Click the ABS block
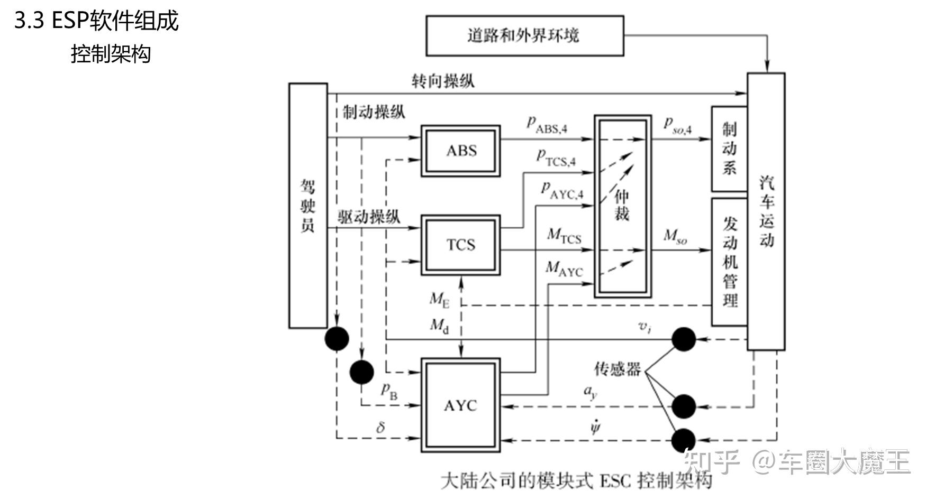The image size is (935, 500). point(460,151)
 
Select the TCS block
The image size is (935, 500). point(460,245)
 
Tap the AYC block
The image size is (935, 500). point(460,405)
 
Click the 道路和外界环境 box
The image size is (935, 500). point(524,35)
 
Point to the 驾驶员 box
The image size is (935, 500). point(307,206)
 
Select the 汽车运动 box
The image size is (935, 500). point(766,211)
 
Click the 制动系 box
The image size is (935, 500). point(729,149)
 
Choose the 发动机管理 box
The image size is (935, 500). point(729,262)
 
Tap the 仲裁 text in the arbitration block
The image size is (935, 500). point(622,205)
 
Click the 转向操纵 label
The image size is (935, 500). point(443,81)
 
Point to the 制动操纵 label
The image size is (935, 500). point(374,112)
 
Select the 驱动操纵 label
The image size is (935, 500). point(369,216)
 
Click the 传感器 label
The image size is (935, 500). point(617,368)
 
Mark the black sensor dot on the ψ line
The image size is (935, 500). point(683,440)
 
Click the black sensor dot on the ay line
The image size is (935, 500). point(683,406)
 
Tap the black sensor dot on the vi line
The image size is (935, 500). point(683,339)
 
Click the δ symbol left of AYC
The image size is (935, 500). point(380,427)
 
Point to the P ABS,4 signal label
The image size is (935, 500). point(547,125)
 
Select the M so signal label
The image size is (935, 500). point(675,236)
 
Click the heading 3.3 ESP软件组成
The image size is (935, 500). point(96,21)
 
